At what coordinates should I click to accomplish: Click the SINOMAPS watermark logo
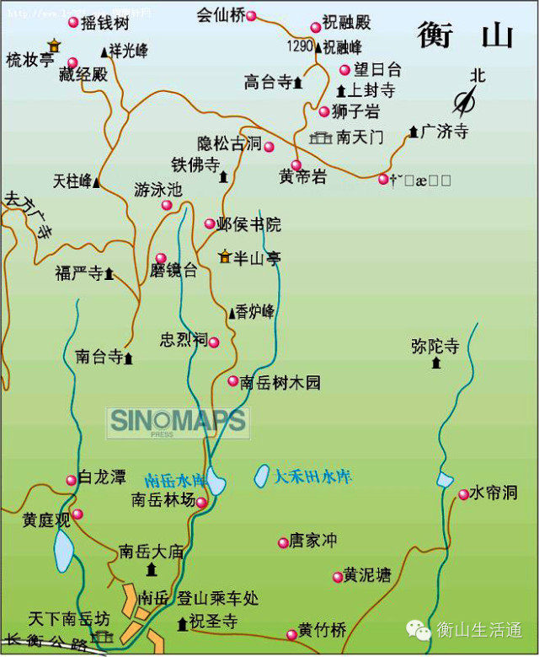[x=178, y=421]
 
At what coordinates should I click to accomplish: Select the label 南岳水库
[x=174, y=480]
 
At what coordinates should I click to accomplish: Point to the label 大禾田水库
[x=312, y=477]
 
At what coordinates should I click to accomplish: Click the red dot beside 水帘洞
[x=463, y=494]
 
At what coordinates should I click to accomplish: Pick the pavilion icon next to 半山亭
[x=224, y=256]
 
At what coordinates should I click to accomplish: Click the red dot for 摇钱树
[x=73, y=23]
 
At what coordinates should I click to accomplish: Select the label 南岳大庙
[x=152, y=552]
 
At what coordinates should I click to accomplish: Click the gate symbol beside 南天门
[x=320, y=137]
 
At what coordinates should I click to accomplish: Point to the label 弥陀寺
[x=435, y=346]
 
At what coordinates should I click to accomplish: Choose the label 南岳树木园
[x=280, y=382]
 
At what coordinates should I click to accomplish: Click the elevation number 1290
[x=300, y=46]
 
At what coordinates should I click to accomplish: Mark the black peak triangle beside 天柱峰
[x=97, y=182]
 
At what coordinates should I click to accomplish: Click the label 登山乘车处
[x=217, y=599]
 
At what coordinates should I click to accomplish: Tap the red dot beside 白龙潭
[x=71, y=480]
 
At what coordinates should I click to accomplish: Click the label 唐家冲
[x=313, y=541]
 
